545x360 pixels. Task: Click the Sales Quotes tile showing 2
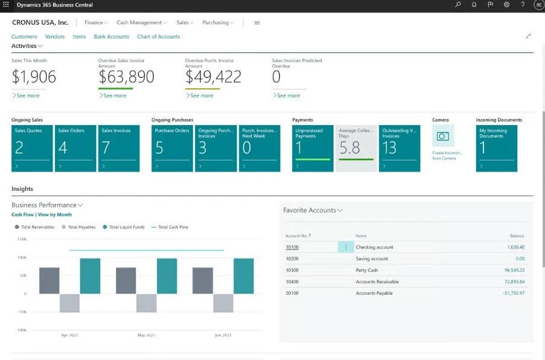pyautogui.click(x=32, y=148)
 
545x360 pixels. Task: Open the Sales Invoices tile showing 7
pyautogui.click(x=119, y=148)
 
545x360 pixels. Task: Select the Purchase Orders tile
pyautogui.click(x=172, y=148)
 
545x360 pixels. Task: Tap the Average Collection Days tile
pyautogui.click(x=356, y=148)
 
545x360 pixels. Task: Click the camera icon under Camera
pyautogui.click(x=443, y=137)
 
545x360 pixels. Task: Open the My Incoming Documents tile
pyautogui.click(x=496, y=148)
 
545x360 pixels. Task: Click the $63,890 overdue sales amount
pyautogui.click(x=126, y=77)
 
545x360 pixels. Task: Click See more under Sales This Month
pyautogui.click(x=26, y=95)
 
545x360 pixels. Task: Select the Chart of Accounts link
pyautogui.click(x=158, y=37)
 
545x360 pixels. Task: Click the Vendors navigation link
pyautogui.click(x=55, y=37)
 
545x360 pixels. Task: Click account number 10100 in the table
pyautogui.click(x=292, y=247)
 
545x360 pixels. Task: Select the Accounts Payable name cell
pyautogui.click(x=374, y=293)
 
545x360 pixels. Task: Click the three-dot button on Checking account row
pyautogui.click(x=346, y=247)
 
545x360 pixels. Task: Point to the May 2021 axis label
pyautogui.click(x=147, y=335)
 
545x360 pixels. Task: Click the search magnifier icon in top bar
pyautogui.click(x=458, y=5)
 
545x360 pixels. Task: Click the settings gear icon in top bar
pyautogui.click(x=506, y=5)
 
